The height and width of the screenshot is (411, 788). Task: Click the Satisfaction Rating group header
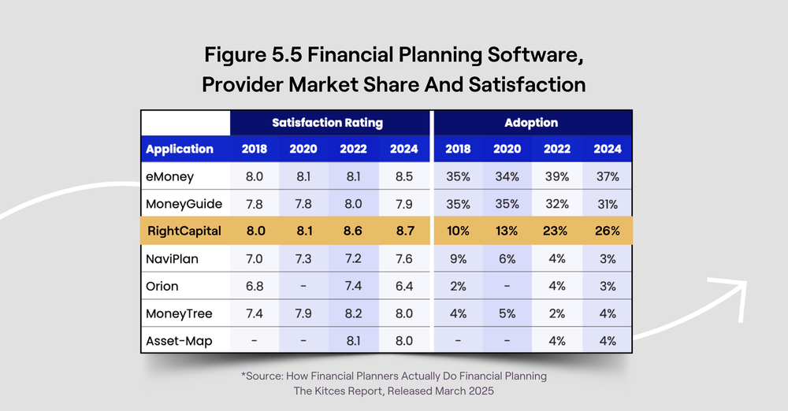click(327, 123)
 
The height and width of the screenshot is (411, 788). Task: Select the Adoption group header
click(531, 123)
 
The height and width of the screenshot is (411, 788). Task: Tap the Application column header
click(180, 149)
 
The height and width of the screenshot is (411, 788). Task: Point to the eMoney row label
click(169, 176)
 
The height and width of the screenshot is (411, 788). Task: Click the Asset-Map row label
click(177, 341)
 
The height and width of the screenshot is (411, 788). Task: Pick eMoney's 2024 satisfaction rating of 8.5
click(403, 176)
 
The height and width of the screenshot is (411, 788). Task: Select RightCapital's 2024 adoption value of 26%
click(607, 231)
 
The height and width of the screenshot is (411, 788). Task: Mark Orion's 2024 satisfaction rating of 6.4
click(403, 286)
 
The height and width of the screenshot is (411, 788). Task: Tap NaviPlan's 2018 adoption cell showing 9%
click(458, 259)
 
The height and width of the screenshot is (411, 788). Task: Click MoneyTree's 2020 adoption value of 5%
click(507, 313)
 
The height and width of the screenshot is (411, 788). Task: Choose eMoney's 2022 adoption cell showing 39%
click(557, 176)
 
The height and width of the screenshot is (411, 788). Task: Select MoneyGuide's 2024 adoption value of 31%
click(607, 204)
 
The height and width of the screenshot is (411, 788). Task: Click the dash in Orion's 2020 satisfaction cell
click(303, 286)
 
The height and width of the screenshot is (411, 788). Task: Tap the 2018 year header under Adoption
click(458, 149)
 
